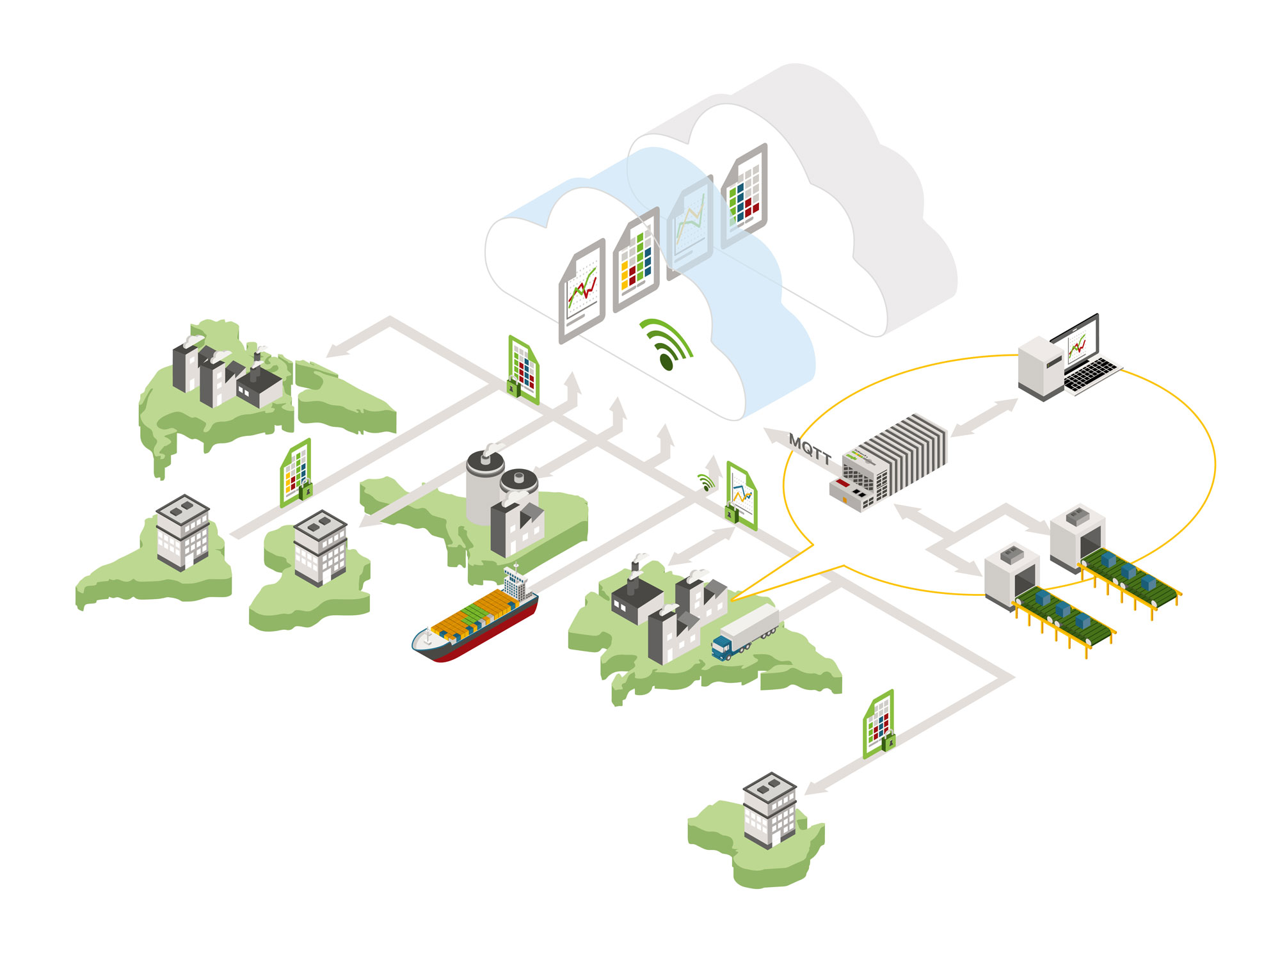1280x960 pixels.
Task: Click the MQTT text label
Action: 810,448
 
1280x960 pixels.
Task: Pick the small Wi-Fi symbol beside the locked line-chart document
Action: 706,481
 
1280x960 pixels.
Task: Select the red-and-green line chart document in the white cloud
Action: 582,291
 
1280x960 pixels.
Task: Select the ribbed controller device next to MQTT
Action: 890,461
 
